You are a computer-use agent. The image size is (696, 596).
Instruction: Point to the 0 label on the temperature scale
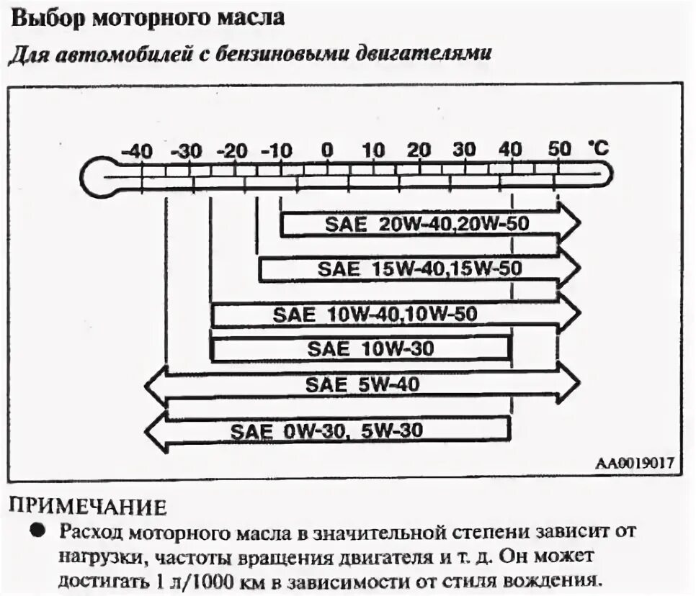pyautogui.click(x=327, y=150)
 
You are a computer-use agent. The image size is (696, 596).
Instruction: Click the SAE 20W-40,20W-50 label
pyautogui.click(x=427, y=224)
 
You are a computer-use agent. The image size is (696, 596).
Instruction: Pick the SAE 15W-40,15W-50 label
pyautogui.click(x=419, y=269)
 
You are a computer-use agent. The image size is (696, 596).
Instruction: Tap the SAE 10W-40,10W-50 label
pyautogui.click(x=375, y=314)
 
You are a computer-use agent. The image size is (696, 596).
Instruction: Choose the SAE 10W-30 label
pyautogui.click(x=370, y=348)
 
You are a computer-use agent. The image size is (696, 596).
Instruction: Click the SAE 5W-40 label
pyautogui.click(x=362, y=384)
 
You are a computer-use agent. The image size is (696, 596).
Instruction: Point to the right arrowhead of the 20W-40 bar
pyautogui.click(x=569, y=225)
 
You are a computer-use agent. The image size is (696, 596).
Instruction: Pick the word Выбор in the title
pyautogui.click(x=48, y=19)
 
